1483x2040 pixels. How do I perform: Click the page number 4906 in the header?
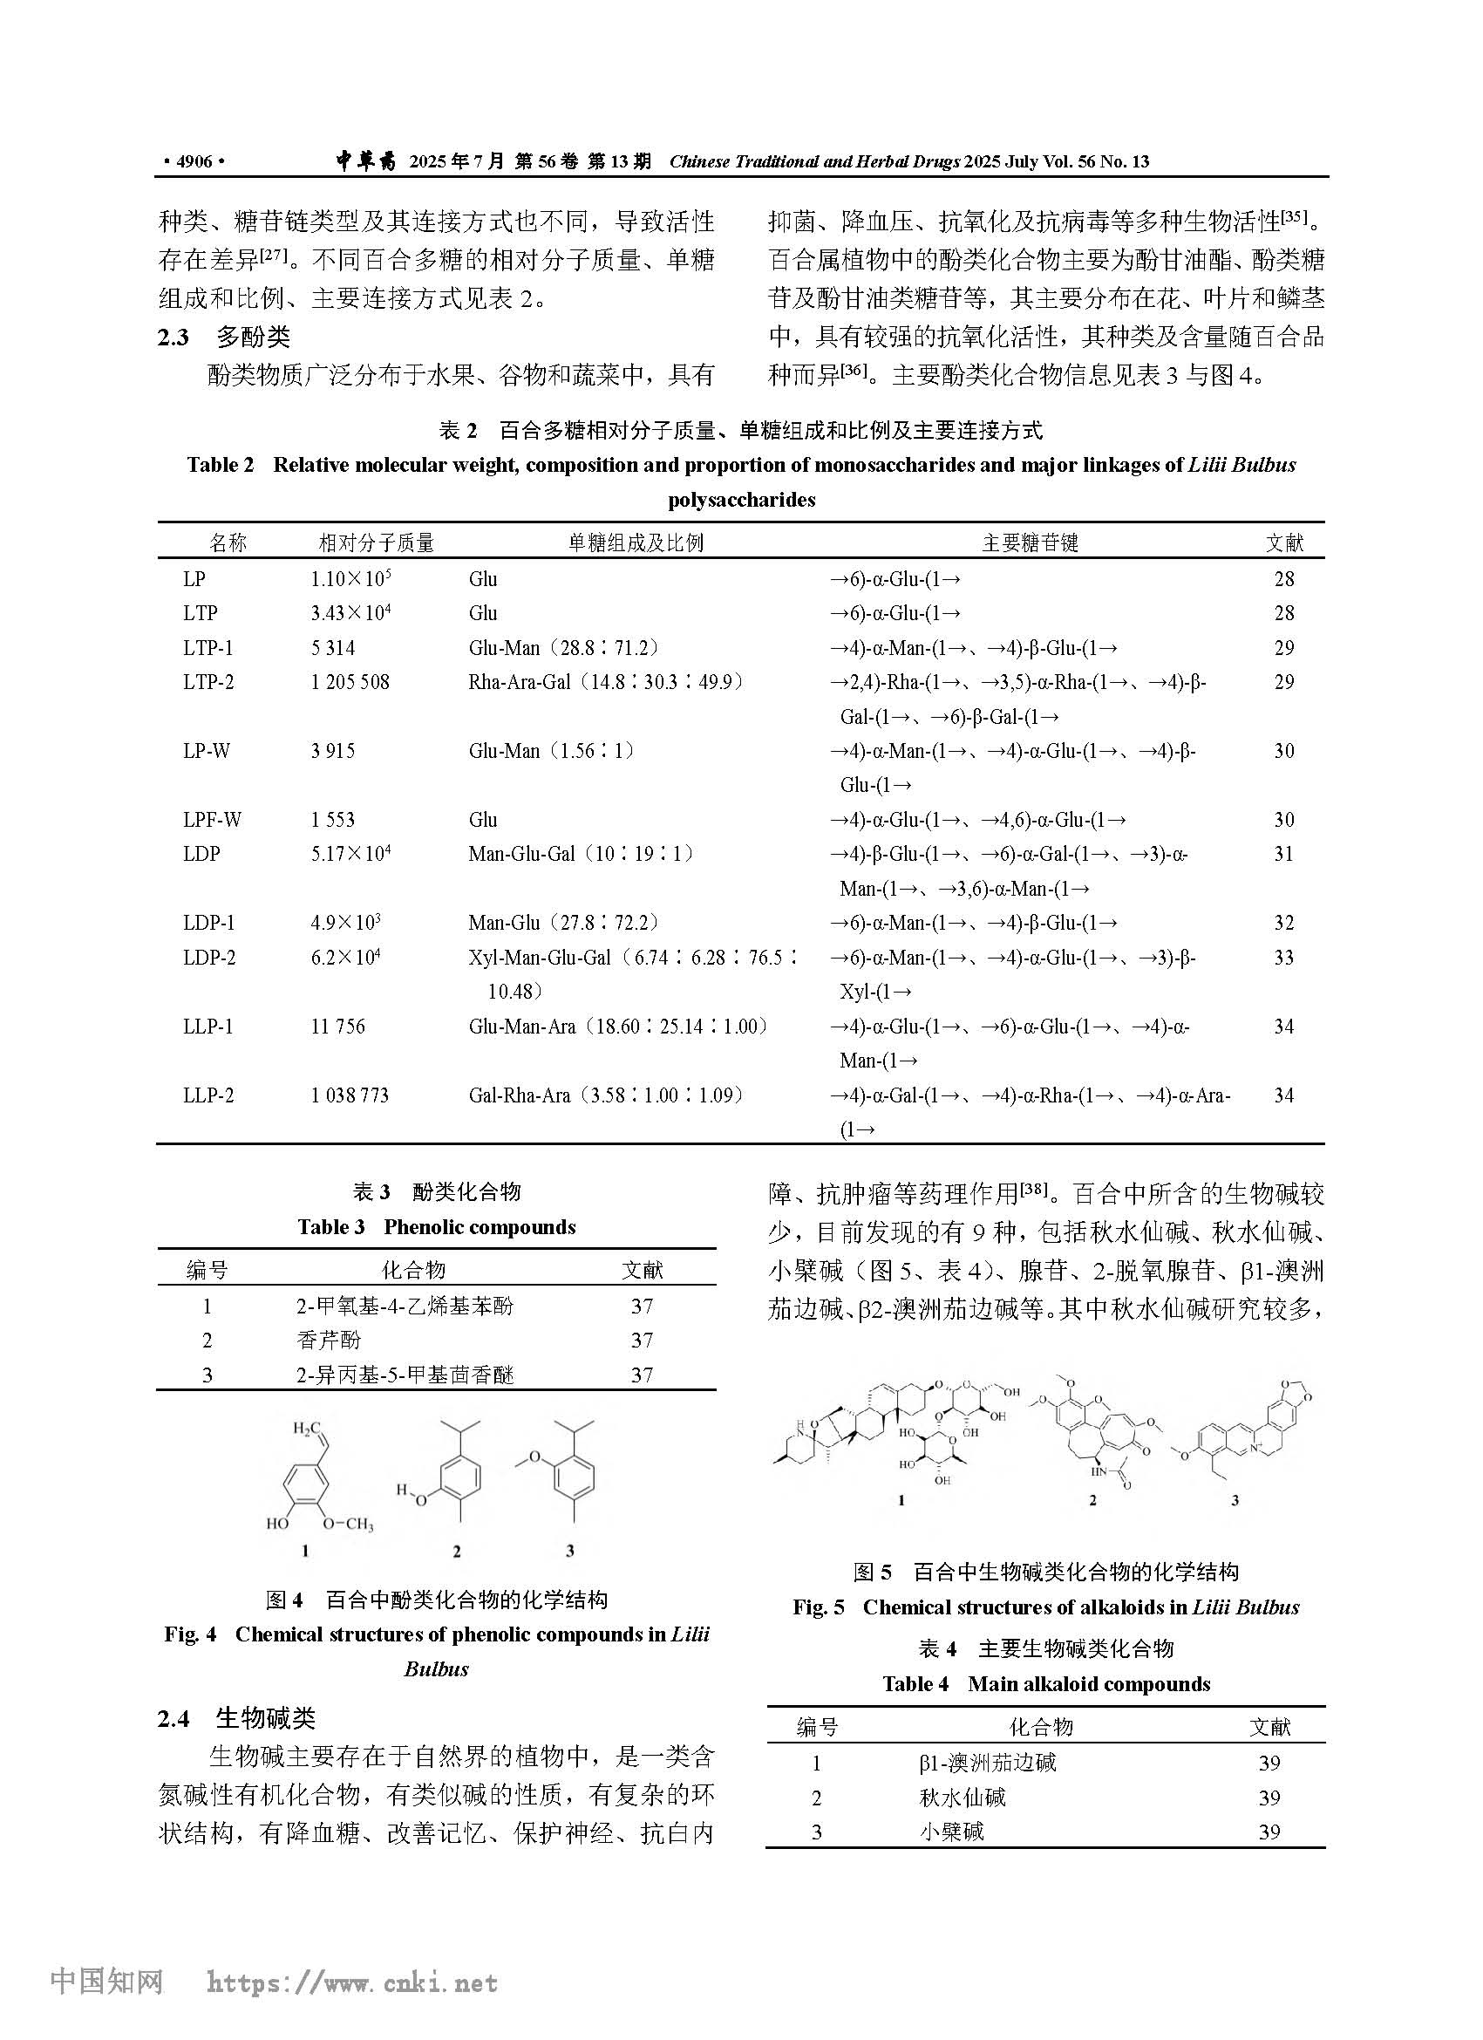click(194, 162)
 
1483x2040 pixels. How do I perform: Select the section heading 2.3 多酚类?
click(224, 338)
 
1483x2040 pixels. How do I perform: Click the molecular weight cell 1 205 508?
click(350, 682)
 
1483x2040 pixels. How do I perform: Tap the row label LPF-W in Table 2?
click(212, 820)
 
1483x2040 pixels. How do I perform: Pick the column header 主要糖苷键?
click(1030, 542)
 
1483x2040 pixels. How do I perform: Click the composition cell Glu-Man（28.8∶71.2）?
click(564, 648)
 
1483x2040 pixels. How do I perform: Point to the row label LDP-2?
click(208, 957)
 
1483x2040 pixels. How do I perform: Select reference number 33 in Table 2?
click(1283, 957)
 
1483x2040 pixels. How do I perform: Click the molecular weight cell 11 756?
click(338, 1027)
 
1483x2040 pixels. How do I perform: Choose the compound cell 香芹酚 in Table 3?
click(329, 1341)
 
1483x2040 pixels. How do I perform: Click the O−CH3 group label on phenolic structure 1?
click(347, 1524)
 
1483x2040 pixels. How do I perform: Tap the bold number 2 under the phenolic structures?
click(457, 1551)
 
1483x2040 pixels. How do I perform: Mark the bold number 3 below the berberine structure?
click(1235, 1499)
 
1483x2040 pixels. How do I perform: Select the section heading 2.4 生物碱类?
click(236, 1718)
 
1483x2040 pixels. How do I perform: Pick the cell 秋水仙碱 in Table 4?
click(962, 1798)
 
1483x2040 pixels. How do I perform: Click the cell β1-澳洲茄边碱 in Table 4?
click(987, 1763)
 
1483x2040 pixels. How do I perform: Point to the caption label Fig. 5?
click(818, 1607)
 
